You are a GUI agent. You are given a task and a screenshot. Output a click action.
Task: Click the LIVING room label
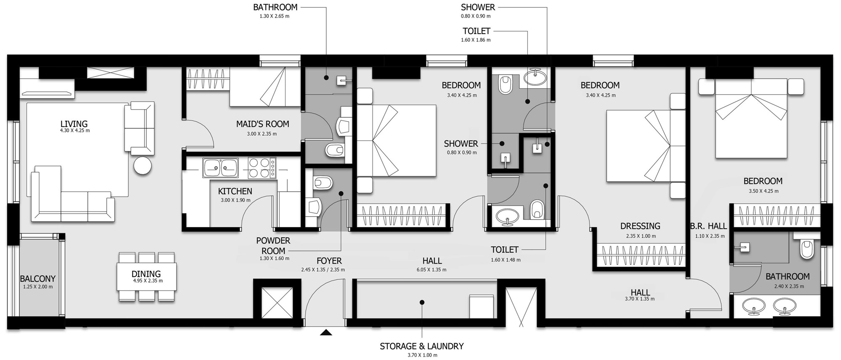(74, 124)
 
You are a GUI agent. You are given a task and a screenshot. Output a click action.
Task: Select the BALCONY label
(38, 278)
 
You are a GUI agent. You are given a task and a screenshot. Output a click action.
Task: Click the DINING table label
(146, 274)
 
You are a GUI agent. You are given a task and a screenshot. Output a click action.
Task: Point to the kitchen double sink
(220, 168)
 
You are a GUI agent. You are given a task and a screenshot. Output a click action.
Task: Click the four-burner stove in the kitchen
(262, 168)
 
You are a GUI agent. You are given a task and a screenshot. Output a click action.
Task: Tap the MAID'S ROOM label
(262, 124)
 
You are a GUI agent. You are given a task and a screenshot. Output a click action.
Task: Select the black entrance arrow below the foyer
(326, 333)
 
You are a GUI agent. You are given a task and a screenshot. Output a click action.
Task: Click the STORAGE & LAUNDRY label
(422, 346)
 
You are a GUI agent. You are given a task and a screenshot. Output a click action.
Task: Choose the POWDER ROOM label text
(273, 246)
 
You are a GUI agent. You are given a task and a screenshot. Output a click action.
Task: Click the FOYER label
(329, 261)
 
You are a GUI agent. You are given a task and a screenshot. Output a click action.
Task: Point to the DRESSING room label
(640, 226)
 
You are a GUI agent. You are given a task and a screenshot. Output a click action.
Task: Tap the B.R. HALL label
(708, 226)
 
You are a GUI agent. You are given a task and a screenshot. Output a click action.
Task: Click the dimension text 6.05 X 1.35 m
(432, 270)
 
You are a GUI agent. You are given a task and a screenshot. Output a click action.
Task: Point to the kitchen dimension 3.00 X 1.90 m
(235, 200)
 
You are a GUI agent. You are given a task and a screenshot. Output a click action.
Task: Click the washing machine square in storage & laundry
(481, 306)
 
